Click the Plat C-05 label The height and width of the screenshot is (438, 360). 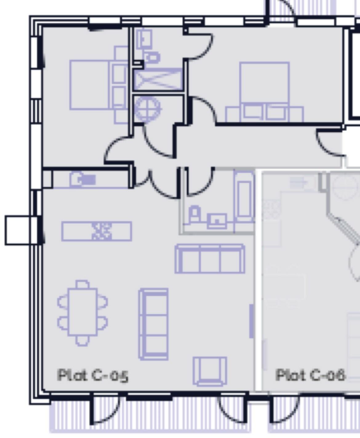click(93, 376)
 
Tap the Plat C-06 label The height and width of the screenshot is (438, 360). click(310, 375)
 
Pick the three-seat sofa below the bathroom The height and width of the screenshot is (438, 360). click(210, 259)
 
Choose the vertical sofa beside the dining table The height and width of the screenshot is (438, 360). click(154, 324)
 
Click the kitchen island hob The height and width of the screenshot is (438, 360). click(101, 231)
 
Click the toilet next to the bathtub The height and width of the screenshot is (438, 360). click(194, 214)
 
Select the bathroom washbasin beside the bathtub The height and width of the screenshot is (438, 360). click(217, 220)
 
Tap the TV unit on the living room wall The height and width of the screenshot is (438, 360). click(251, 321)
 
